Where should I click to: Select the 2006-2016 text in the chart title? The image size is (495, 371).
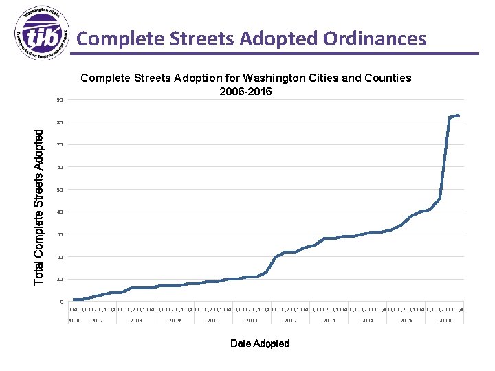[245, 91]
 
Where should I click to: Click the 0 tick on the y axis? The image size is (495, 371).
[61, 302]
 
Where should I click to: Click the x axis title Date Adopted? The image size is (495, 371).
[260, 344]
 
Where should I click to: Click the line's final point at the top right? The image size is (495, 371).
[459, 115]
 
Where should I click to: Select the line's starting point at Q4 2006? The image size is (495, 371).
[74, 300]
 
